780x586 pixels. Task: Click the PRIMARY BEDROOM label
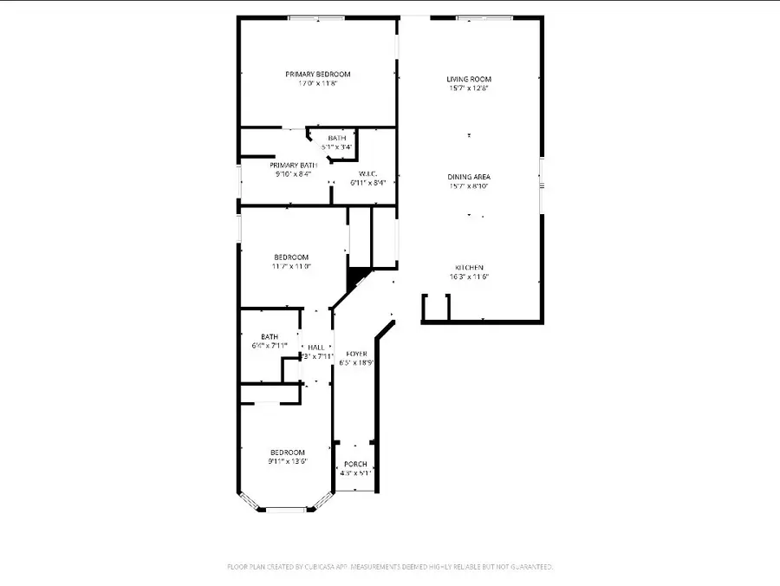317,75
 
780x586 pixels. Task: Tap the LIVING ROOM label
469,79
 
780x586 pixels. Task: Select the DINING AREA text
469,177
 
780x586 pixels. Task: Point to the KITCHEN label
469,267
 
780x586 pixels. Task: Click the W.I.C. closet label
373,173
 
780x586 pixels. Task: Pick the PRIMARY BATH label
293,165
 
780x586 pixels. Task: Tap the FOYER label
356,354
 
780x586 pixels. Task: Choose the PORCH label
356,464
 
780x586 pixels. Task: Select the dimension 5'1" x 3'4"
336,147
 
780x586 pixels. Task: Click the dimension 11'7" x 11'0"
291,266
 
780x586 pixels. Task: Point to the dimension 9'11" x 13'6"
287,462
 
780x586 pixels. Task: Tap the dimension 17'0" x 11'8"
317,84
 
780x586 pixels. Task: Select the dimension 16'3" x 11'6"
469,277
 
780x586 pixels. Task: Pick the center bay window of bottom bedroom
285,510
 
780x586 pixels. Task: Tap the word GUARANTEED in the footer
530,567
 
